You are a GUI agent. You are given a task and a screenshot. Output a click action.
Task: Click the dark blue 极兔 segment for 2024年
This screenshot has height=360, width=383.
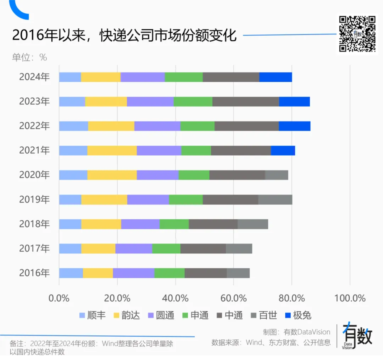pos(275,77)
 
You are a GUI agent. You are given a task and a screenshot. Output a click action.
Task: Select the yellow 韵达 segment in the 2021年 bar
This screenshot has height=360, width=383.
pos(112,151)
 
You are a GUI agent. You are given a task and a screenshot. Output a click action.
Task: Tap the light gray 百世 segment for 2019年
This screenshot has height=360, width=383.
pos(275,200)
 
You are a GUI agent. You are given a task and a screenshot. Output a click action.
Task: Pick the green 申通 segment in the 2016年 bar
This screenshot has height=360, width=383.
pos(169,273)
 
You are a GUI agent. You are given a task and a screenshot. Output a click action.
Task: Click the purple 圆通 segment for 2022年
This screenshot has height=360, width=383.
pos(157,126)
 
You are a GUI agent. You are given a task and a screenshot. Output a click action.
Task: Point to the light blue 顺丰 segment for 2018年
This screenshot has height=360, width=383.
pos(70,224)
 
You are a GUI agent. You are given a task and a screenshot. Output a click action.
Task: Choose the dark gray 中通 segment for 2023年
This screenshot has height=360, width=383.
pos(246,102)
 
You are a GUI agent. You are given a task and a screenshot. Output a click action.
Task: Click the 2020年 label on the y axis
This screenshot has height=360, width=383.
pos(34,175)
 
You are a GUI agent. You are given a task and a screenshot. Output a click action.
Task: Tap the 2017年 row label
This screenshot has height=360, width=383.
pos(34,249)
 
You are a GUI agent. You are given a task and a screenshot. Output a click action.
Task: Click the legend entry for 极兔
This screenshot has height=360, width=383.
pos(298,316)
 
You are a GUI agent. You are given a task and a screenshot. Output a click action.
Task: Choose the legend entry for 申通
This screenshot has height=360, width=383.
pos(195,316)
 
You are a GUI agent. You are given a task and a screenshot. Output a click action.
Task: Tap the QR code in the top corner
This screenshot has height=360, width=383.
pos(357,34)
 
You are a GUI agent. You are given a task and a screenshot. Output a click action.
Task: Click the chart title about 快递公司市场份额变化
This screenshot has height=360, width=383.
pos(124,36)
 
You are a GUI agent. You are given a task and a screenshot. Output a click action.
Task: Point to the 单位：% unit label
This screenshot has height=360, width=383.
pos(29,58)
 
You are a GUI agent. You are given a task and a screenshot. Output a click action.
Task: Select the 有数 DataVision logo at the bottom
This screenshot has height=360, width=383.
pos(358,336)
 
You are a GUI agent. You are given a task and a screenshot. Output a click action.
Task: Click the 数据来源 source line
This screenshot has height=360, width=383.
pos(271,342)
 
